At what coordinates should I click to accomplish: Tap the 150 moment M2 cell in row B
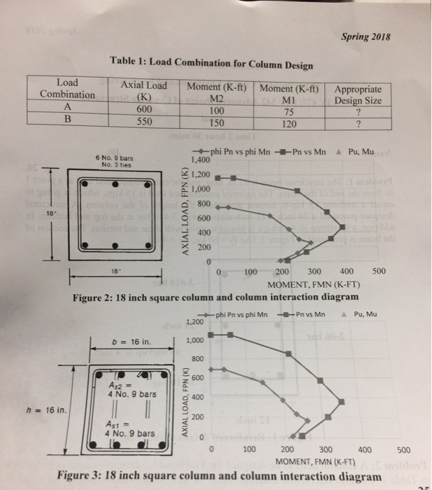[218, 120]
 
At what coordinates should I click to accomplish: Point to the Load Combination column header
[67, 88]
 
